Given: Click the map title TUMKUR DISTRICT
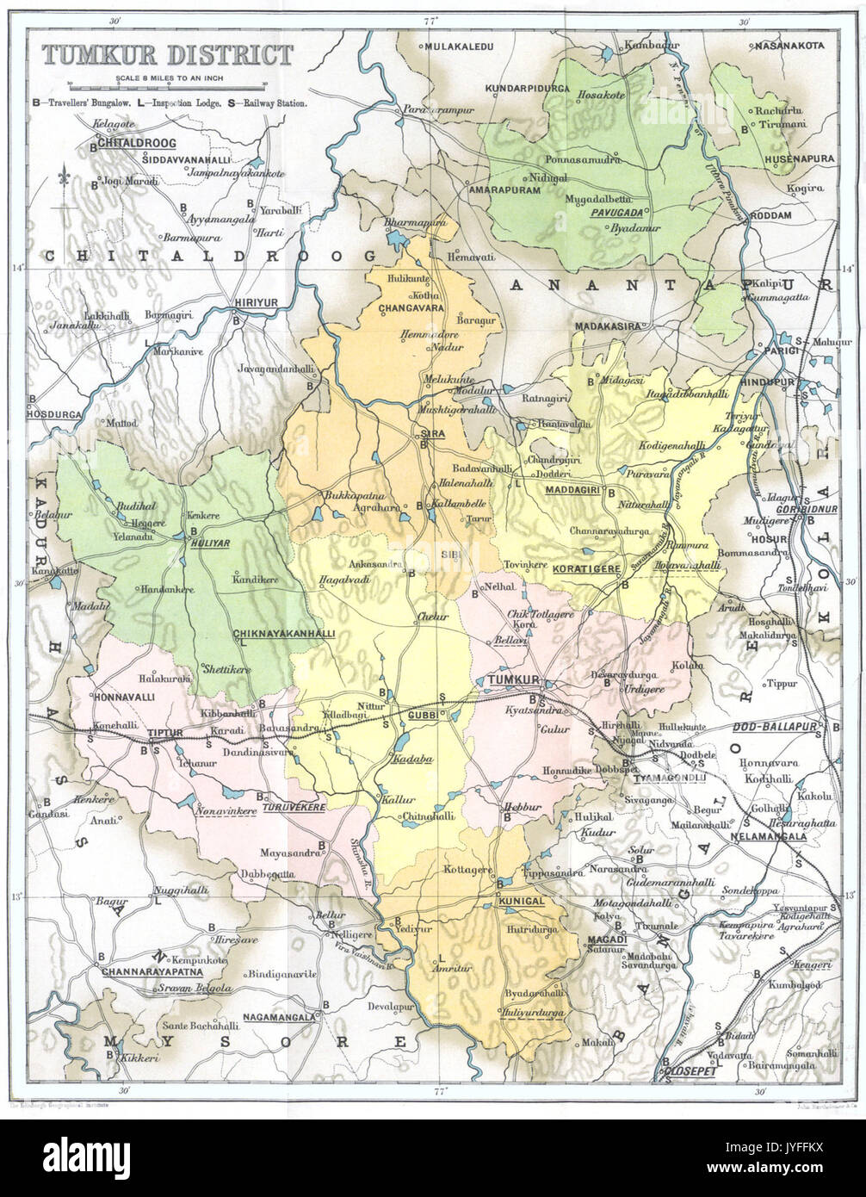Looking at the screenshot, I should (168, 57).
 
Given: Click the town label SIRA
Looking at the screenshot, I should (431, 434).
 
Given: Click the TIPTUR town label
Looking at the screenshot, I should (166, 733).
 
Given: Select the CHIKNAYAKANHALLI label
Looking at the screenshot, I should (271, 634).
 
